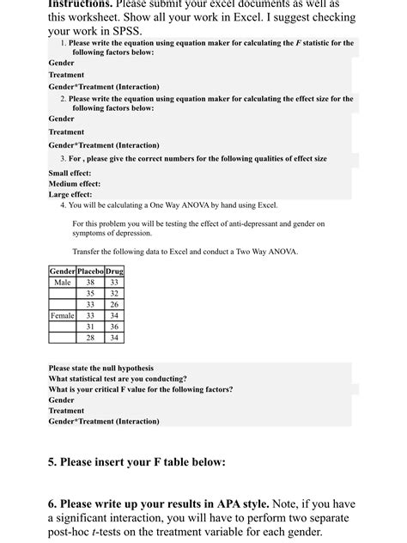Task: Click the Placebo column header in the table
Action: click(90, 271)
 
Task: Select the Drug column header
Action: click(114, 271)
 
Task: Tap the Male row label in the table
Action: click(63, 282)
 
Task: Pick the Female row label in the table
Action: click(63, 315)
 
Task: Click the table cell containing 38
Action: click(90, 282)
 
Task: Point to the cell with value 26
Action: click(114, 304)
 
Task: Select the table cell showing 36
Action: click(114, 326)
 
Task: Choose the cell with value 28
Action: click(90, 338)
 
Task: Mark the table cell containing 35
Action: click(90, 293)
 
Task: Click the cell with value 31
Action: click(90, 326)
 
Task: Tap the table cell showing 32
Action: click(114, 293)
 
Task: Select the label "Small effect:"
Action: click(70, 173)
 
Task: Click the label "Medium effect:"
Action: click(75, 184)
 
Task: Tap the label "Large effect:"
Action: click(70, 194)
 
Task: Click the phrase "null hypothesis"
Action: click(125, 368)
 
